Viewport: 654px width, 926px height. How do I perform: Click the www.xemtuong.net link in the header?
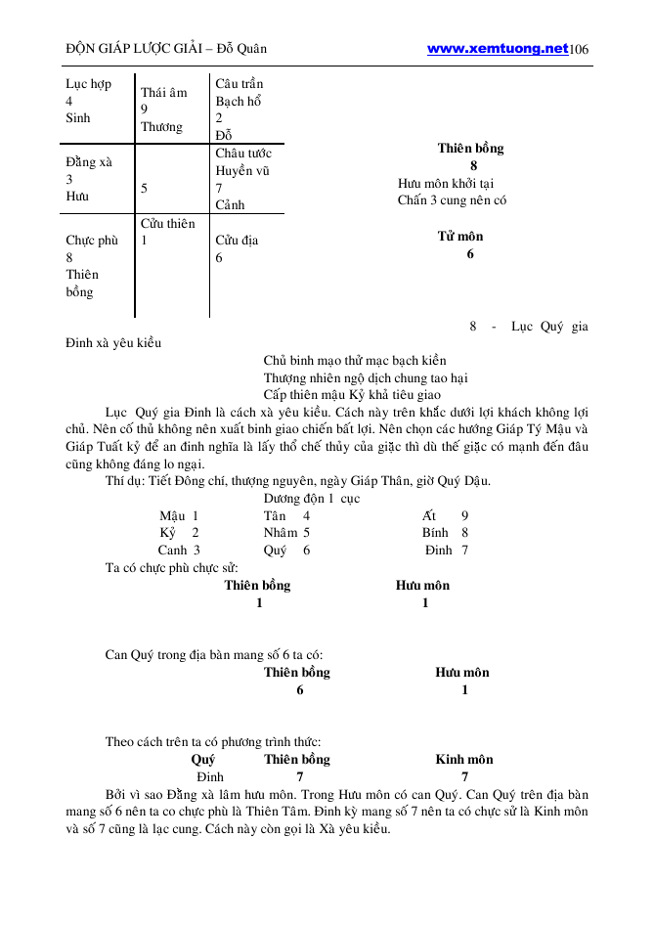pyautogui.click(x=498, y=48)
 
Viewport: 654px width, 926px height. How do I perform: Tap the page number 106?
pyautogui.click(x=579, y=49)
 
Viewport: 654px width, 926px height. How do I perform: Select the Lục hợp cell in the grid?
pyautogui.click(x=88, y=84)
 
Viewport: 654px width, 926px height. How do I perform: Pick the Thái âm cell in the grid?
pyautogui.click(x=163, y=93)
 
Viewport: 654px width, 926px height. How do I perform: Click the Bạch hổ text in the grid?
pyautogui.click(x=239, y=101)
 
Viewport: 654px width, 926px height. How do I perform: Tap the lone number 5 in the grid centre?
pyautogui.click(x=145, y=187)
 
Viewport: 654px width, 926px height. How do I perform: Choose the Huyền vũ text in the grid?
pyautogui.click(x=241, y=170)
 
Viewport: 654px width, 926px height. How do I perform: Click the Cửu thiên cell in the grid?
pyautogui.click(x=167, y=223)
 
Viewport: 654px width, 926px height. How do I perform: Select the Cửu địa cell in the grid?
pyautogui.click(x=237, y=240)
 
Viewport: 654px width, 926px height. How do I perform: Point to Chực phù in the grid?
pyautogui.click(x=91, y=241)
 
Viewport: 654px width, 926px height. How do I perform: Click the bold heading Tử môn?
pyautogui.click(x=459, y=236)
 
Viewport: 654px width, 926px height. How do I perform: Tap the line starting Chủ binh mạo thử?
pyautogui.click(x=354, y=360)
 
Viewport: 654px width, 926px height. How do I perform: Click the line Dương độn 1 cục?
pyautogui.click(x=311, y=498)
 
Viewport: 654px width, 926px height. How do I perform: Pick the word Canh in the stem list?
pyautogui.click(x=173, y=550)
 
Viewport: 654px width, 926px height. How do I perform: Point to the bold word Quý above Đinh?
pyautogui.click(x=203, y=759)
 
